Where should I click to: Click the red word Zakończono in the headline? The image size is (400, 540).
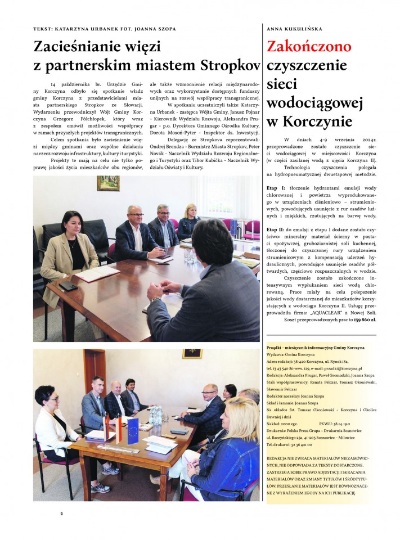tap(308, 46)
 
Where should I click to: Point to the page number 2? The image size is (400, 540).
tap(62, 513)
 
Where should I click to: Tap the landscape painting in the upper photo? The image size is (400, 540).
tap(108, 183)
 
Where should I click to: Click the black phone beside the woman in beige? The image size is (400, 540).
tap(68, 286)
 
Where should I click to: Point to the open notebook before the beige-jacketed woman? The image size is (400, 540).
tap(97, 273)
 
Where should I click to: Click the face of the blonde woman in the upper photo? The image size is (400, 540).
tap(191, 212)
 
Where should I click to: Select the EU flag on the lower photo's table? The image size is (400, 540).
tap(133, 429)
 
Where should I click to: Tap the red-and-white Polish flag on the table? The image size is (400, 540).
tap(119, 429)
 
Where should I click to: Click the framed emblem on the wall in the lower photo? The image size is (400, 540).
tap(192, 354)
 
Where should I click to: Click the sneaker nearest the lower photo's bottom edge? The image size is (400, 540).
tap(101, 488)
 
